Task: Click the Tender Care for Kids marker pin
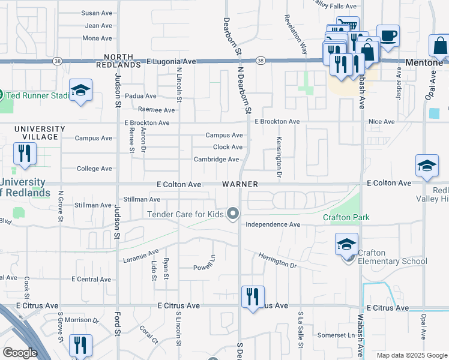(x=233, y=214)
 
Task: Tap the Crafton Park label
(x=346, y=217)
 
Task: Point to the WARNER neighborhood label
(x=240, y=184)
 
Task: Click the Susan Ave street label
(x=97, y=13)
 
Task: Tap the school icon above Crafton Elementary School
(x=346, y=244)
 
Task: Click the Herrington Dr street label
(x=277, y=261)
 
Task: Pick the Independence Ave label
(x=273, y=224)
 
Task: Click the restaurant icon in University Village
(x=25, y=153)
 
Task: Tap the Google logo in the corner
(x=20, y=353)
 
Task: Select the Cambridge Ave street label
(x=216, y=159)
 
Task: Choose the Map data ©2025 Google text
(x=411, y=355)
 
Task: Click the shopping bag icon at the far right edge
(x=439, y=46)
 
